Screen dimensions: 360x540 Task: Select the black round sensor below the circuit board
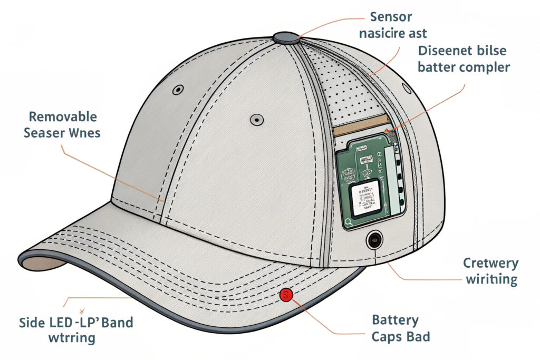point(375,240)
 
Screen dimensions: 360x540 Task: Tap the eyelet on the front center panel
point(256,119)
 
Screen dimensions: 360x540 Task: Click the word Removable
point(62,116)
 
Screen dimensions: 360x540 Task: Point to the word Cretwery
point(490,263)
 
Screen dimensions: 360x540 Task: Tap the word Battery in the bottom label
point(395,320)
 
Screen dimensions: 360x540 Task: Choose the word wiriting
point(490,279)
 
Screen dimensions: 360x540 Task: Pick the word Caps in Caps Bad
point(387,336)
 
